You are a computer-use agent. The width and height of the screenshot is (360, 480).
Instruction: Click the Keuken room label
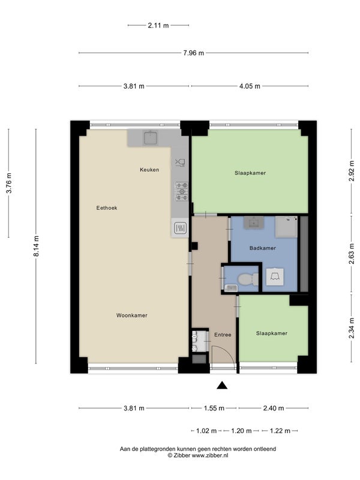click(x=149, y=170)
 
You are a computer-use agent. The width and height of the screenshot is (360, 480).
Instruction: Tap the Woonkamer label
click(x=131, y=316)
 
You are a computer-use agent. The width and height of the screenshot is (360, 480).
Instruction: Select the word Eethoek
click(x=107, y=208)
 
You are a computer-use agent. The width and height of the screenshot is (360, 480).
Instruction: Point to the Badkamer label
click(x=263, y=248)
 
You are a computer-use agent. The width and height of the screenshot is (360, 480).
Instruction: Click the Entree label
click(x=223, y=335)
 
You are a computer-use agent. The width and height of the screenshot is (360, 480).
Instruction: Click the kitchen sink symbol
click(x=151, y=137)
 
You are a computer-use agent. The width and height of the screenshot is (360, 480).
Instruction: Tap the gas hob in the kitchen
click(x=182, y=191)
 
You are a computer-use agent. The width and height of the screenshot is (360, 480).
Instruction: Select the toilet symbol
click(x=248, y=279)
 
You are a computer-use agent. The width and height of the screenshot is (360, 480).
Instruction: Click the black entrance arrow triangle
click(x=222, y=385)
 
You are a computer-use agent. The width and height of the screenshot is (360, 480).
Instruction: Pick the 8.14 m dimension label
click(x=36, y=246)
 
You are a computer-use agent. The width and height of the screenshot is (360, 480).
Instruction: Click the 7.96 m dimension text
click(x=193, y=53)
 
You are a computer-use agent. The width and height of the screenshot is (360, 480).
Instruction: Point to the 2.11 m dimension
click(x=158, y=25)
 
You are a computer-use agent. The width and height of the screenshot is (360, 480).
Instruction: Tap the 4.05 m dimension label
click(x=250, y=86)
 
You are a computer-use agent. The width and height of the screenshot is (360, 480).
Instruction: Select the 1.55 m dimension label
click(x=214, y=408)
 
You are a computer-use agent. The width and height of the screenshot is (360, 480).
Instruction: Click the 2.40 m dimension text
click(x=274, y=408)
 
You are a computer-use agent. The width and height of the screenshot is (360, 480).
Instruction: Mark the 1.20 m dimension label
click(x=241, y=431)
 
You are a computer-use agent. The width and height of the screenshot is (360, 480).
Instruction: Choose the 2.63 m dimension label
click(x=352, y=253)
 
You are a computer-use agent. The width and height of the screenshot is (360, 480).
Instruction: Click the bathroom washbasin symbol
click(x=254, y=223)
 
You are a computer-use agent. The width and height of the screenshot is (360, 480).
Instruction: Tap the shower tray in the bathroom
click(x=286, y=227)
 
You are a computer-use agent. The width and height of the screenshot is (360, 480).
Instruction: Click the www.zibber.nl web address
click(x=210, y=455)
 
